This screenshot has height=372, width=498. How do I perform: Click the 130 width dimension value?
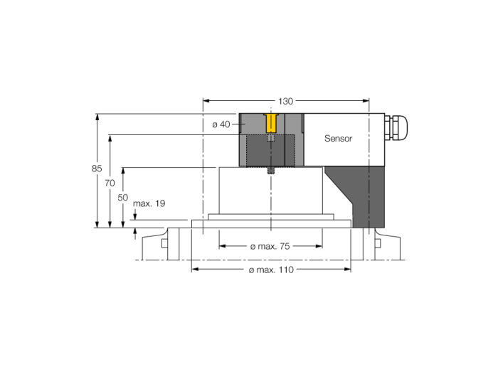pos(285,101)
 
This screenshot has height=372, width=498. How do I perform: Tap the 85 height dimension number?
pos(97,169)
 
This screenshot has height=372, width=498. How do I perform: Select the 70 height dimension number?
pos(110,183)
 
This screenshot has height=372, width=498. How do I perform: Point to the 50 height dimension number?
pos(123,198)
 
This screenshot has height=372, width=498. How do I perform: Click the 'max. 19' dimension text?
pos(149,203)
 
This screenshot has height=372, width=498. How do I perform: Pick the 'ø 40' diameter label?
pos(221,124)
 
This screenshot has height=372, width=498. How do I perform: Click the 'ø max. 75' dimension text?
pos(270,246)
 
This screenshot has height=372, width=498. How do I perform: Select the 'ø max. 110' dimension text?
pos(271,270)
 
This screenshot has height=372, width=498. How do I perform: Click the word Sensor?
pos(338,139)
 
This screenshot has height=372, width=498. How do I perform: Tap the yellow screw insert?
pos(271,123)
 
